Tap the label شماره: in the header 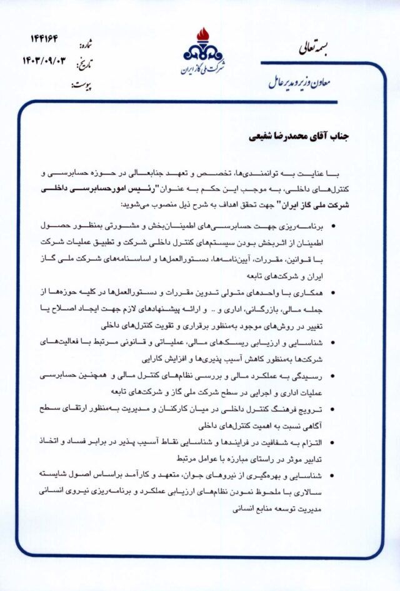(84, 46)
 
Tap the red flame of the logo (202, 35)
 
